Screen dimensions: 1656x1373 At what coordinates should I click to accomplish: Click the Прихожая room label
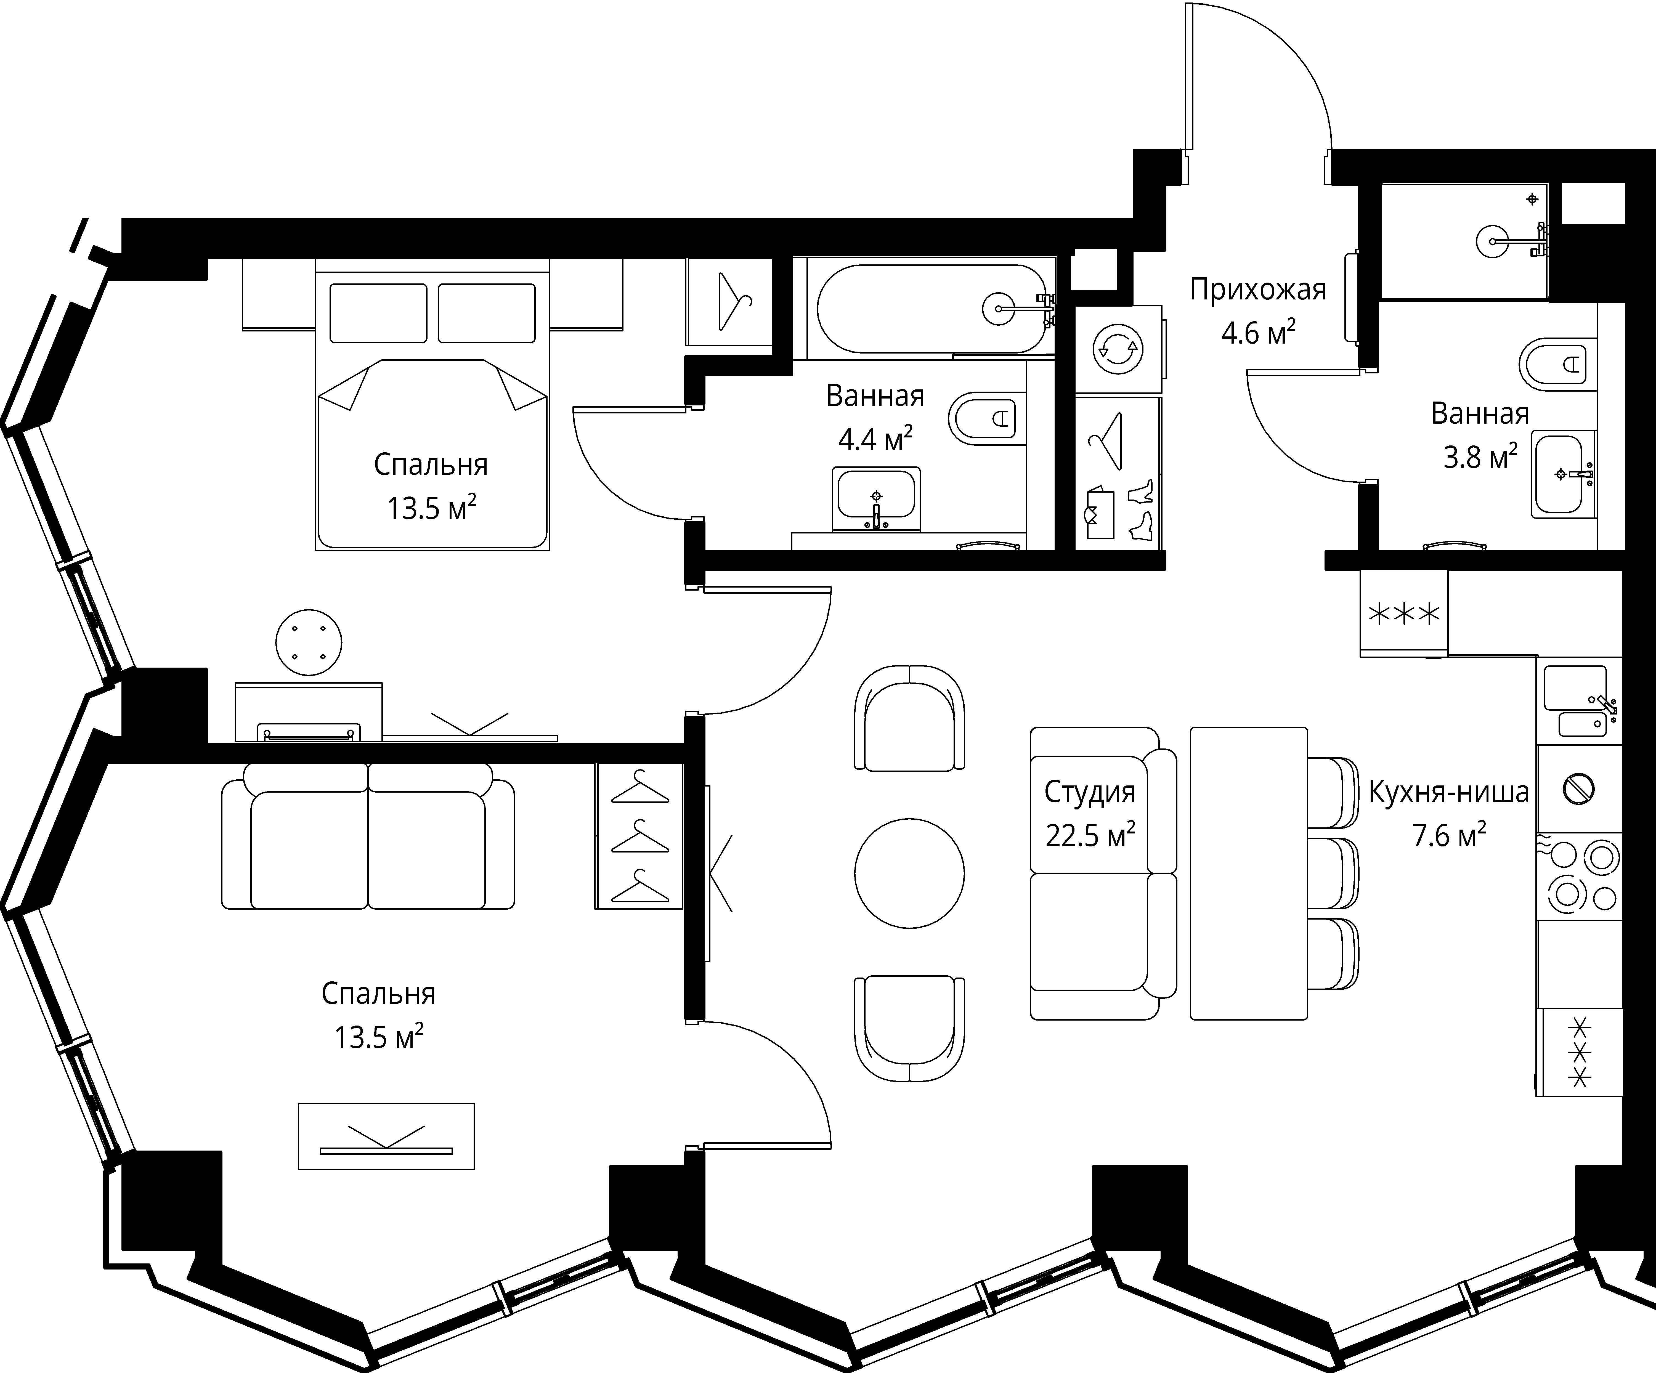coord(1258,290)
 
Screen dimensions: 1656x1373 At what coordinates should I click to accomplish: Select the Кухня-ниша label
coord(1449,792)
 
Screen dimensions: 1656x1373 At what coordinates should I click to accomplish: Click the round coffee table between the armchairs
coord(909,873)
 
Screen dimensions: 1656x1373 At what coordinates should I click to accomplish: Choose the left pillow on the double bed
coord(378,313)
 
